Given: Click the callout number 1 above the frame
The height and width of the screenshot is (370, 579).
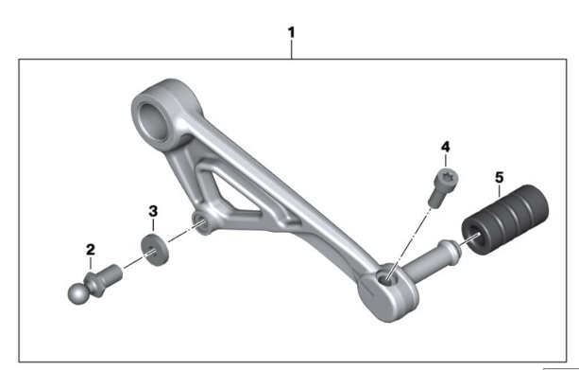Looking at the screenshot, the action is [x=291, y=32].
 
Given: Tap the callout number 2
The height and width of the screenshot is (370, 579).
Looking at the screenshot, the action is [x=91, y=250].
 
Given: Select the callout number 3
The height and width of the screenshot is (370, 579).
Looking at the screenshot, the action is [x=153, y=211].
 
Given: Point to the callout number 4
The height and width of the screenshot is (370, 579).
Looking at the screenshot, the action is [x=446, y=147].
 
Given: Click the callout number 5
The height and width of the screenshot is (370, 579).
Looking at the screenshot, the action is [x=500, y=178].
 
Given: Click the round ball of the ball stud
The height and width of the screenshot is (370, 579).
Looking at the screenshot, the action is [x=77, y=293].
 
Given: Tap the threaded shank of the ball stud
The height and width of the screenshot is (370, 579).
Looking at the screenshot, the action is [x=112, y=274].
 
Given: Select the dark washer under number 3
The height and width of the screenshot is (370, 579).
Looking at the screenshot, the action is [x=155, y=250].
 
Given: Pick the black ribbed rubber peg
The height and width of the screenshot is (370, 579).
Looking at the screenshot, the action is [x=505, y=220].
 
